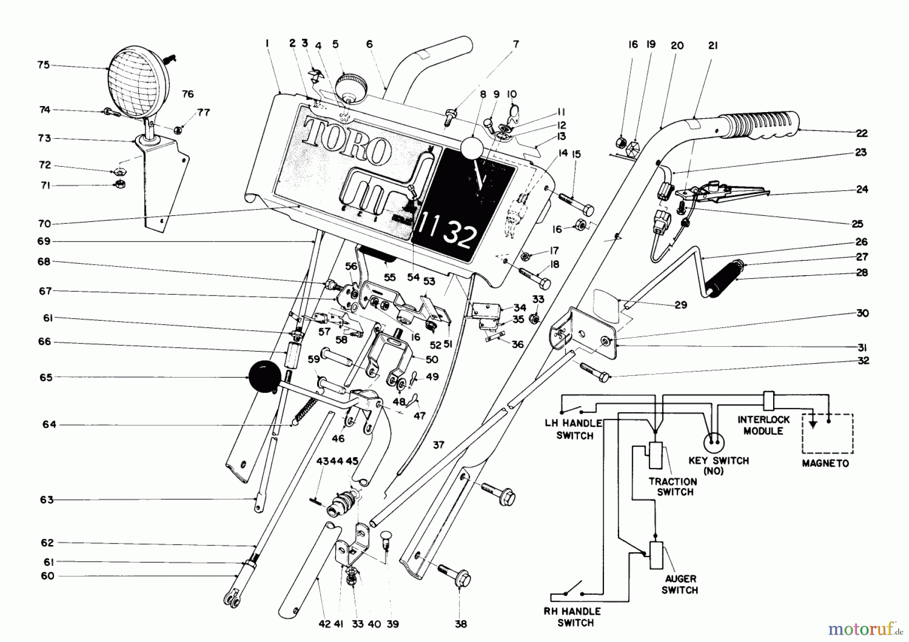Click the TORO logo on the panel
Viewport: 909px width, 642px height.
coord(348,142)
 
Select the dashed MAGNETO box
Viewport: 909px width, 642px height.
coord(828,433)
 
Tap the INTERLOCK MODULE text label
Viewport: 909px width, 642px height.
coord(763,425)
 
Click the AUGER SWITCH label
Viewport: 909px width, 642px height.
coord(679,584)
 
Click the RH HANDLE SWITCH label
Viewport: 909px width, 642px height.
coord(573,617)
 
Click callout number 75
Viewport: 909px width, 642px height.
coord(43,65)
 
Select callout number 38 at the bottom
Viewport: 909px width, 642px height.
coord(461,624)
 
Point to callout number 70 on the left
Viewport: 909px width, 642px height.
coord(44,224)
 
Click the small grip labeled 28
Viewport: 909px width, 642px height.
coord(723,279)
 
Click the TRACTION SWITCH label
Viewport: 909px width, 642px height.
coord(673,487)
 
